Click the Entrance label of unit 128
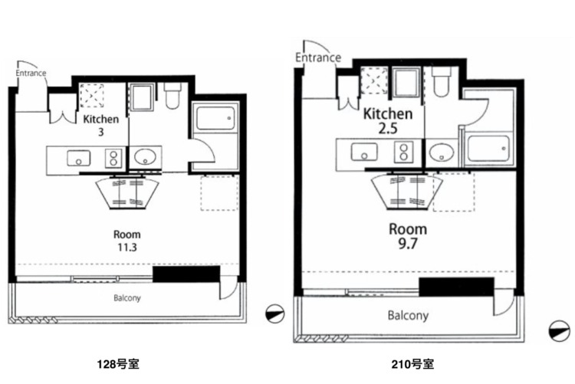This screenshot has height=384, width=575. click(x=31, y=73)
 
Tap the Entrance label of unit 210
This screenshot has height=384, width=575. click(x=318, y=57)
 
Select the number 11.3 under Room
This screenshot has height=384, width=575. click(x=127, y=248)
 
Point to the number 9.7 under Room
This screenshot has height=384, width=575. click(x=407, y=244)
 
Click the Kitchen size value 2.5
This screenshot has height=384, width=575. click(x=388, y=128)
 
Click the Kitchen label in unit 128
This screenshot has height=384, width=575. click(x=101, y=120)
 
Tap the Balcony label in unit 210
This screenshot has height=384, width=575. click(x=408, y=316)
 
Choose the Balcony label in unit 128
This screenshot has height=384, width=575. click(x=127, y=298)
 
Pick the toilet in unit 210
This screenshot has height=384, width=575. click(x=441, y=81)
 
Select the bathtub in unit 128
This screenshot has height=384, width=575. click(x=215, y=118)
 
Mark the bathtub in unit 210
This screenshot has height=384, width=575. click(x=488, y=149)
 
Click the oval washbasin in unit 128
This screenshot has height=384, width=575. click(x=145, y=157)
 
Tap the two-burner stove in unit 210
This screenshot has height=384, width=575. click(x=404, y=153)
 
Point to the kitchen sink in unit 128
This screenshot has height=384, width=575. click(x=78, y=159)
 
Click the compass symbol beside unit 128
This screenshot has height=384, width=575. click(x=275, y=314)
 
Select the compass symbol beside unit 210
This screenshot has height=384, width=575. click(x=559, y=331)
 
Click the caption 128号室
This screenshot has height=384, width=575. click(x=118, y=364)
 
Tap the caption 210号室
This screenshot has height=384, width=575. click(x=413, y=364)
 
